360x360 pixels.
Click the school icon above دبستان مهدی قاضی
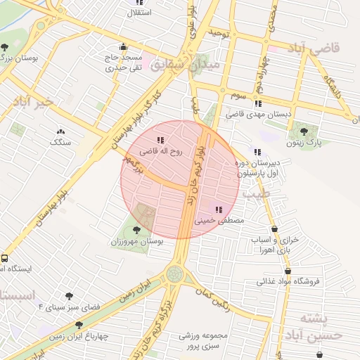coord(257,103)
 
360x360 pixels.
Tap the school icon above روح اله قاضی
coord(160,140)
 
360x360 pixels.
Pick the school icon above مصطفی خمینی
coord(217,209)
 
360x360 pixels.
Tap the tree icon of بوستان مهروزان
coord(137,230)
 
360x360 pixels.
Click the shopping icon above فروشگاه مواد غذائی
coord(288,270)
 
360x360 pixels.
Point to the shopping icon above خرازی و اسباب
coord(274,229)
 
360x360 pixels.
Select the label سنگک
coord(60,142)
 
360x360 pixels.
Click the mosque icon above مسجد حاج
coord(123,46)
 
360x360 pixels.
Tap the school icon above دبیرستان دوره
coord(257,152)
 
